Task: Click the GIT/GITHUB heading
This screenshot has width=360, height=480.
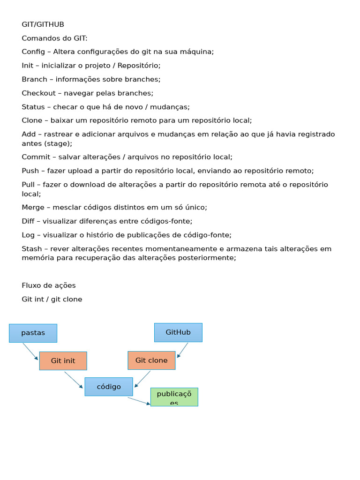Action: point(43,24)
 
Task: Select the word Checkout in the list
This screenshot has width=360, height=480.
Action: point(38,93)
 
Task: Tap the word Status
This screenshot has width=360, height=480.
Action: point(33,107)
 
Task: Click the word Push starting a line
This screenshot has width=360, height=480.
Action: point(30,171)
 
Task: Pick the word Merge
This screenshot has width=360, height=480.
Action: point(33,207)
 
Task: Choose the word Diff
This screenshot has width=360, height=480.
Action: point(28,221)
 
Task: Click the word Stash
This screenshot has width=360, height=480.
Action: point(31,248)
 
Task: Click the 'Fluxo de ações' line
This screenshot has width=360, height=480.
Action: point(49,285)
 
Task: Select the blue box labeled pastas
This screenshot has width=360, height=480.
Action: point(33,333)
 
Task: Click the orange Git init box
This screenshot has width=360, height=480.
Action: point(63,361)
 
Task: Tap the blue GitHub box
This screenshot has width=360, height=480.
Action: point(178,332)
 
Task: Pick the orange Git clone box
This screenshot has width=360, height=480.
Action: point(151,360)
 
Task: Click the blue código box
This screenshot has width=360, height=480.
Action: point(109,387)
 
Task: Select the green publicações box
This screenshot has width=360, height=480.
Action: point(174,397)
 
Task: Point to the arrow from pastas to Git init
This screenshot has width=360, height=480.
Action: point(30,352)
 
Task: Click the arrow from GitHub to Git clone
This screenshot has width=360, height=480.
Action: point(183,350)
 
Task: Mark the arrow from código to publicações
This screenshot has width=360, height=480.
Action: point(139,401)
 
